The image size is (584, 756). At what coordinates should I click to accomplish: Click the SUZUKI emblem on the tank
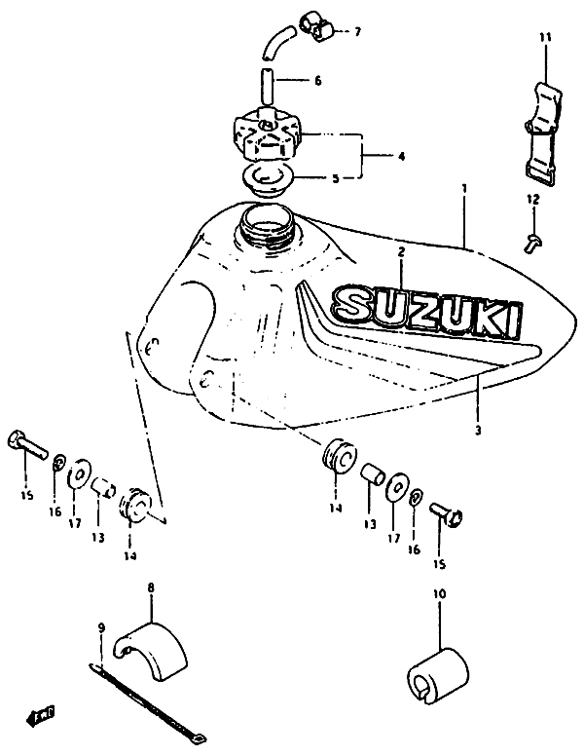426,311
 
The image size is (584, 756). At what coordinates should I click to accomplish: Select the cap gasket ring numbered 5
263,180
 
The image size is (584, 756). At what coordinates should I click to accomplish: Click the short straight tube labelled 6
268,87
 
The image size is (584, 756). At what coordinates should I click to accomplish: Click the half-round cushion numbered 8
150,652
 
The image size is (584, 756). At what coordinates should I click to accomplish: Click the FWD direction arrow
40,715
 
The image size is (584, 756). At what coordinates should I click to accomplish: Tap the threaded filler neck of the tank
267,226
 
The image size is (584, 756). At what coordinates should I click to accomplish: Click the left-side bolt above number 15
27,444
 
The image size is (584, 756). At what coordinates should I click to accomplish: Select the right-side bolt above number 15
445,513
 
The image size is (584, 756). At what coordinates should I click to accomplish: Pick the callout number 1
463,188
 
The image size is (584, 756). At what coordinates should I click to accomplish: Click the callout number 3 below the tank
478,430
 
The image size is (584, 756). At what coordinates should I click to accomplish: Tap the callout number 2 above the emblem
401,251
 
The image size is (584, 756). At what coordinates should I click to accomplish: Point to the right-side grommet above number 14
339,456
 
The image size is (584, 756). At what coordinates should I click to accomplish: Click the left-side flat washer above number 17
78,472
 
